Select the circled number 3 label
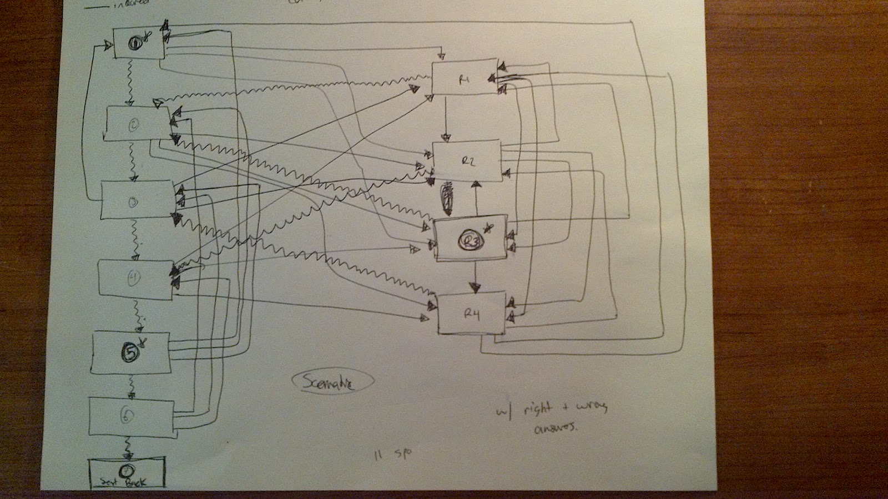point(133,203)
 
